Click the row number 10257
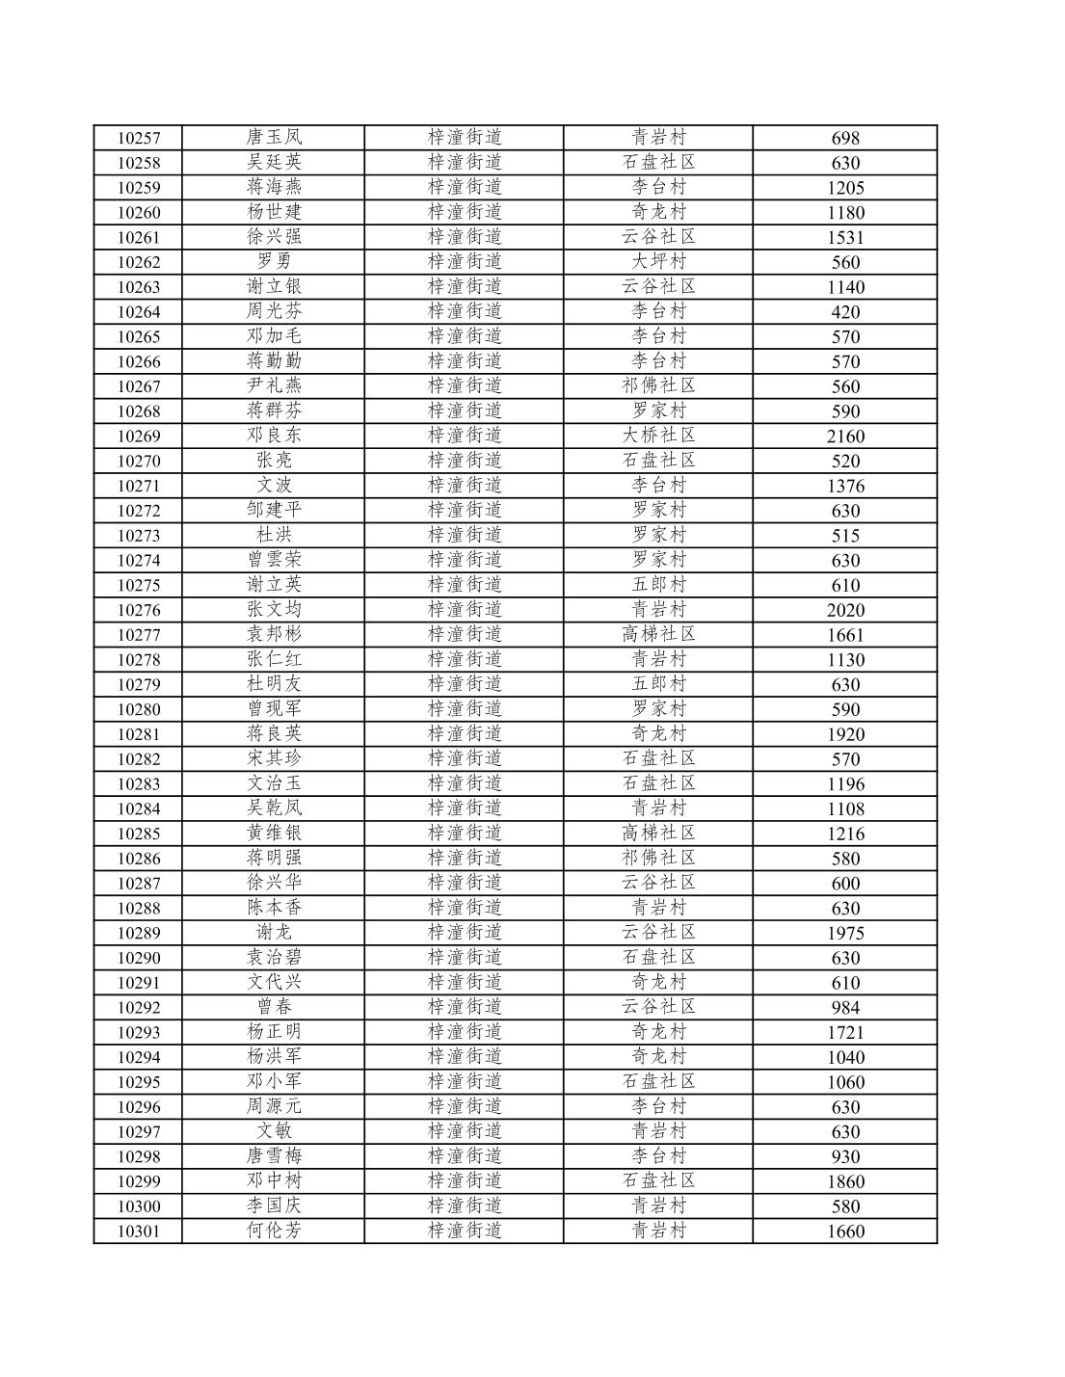click(139, 139)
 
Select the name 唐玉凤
click(274, 138)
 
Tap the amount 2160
click(845, 437)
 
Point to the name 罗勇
click(274, 262)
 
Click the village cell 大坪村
click(658, 262)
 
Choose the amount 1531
click(845, 238)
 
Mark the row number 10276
click(139, 611)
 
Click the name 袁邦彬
click(274, 635)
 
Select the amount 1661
click(845, 636)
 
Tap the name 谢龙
click(274, 933)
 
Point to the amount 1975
click(845, 934)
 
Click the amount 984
click(845, 1008)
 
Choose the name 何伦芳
click(274, 1231)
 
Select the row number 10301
click(139, 1231)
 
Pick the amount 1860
click(845, 1182)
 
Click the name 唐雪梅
click(274, 1156)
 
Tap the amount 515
click(845, 536)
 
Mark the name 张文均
click(274, 610)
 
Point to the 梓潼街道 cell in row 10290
click(465, 958)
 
